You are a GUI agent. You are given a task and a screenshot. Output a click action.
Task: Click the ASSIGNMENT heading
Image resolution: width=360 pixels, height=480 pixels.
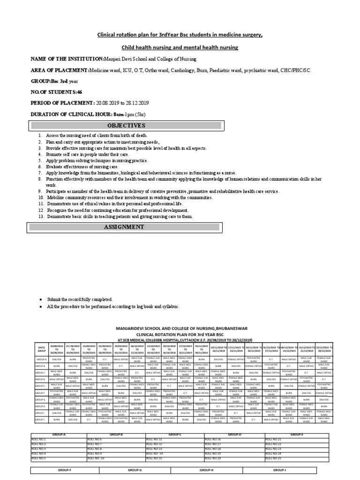(127, 227)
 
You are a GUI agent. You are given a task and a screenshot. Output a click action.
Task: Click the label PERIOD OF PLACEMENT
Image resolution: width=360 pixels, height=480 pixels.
(62, 103)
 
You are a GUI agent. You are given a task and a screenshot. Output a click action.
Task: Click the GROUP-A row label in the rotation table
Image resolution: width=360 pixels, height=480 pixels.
(41, 359)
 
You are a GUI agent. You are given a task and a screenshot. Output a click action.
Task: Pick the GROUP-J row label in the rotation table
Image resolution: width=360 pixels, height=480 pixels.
(41, 420)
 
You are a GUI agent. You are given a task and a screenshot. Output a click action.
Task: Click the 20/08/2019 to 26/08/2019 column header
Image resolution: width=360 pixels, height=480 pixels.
(57, 349)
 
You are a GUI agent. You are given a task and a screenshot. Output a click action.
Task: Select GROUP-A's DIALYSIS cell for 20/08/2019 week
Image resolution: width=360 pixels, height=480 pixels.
(57, 359)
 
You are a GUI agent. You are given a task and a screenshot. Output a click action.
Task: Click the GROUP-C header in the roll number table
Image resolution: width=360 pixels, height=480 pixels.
(175, 435)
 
